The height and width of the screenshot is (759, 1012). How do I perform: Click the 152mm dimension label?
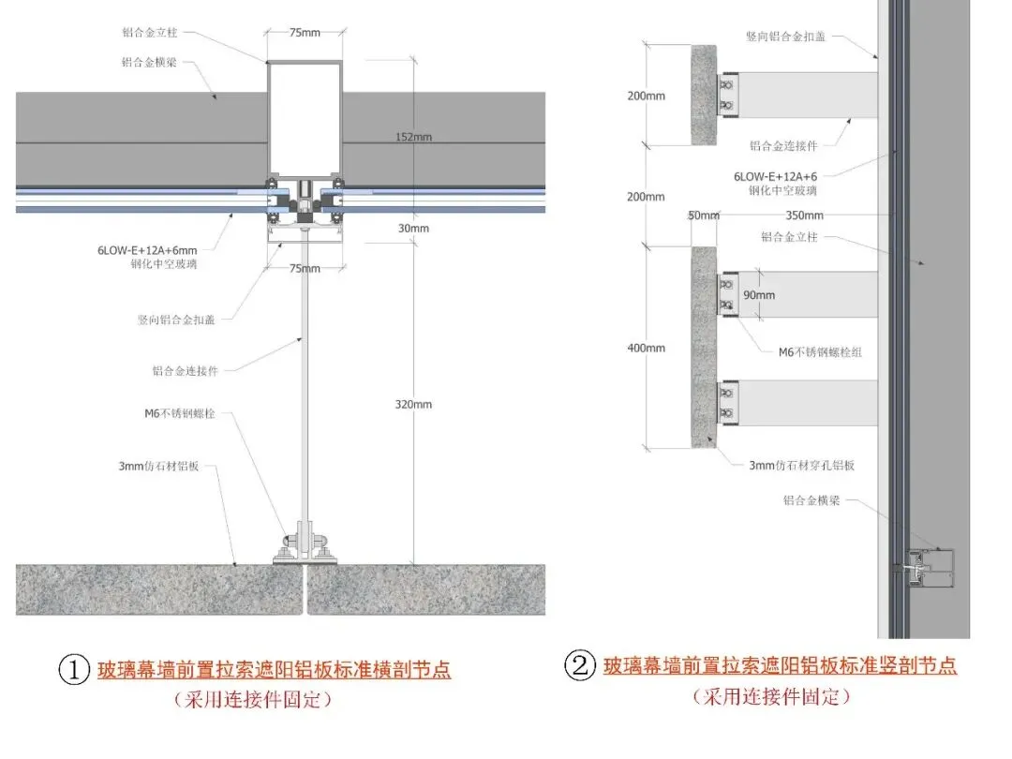413,137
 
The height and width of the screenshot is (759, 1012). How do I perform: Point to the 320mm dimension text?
413,404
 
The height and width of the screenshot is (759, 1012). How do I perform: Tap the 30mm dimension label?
413,229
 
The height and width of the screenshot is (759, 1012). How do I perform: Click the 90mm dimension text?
759,295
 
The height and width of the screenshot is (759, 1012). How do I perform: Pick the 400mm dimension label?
646,348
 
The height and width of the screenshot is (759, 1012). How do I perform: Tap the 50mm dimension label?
703,215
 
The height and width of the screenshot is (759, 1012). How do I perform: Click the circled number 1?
74,671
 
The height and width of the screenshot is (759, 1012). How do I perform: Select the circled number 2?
579,666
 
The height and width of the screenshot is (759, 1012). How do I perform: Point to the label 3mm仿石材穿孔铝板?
801,466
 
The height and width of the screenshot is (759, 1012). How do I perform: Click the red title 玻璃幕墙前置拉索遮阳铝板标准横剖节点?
274,671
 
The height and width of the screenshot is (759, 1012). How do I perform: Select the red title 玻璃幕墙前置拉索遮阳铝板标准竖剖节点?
780,666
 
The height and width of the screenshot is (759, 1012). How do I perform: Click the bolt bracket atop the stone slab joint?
305,545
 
